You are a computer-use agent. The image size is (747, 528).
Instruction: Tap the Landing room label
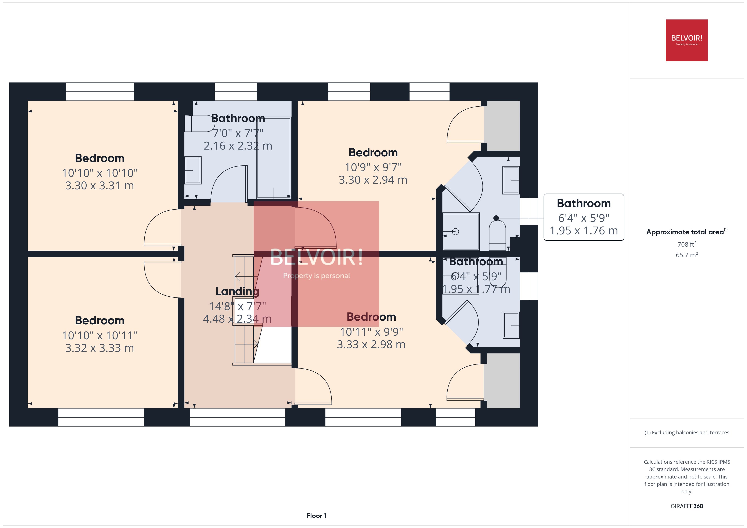click(237, 291)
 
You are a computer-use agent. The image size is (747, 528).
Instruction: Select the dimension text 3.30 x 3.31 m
click(100, 186)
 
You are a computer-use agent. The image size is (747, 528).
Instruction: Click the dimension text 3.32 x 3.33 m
click(100, 348)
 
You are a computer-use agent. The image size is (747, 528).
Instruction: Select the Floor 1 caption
click(316, 516)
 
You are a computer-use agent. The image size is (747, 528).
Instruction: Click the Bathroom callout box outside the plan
click(584, 217)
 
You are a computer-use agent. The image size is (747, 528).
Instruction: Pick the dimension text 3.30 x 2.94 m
click(373, 180)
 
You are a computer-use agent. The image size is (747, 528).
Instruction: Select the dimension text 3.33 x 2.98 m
click(371, 344)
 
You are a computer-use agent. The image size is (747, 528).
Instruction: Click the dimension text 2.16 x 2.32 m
click(238, 146)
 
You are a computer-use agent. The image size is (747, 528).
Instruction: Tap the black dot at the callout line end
click(496, 218)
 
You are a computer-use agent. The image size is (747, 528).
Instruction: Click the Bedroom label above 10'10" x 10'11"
click(100, 320)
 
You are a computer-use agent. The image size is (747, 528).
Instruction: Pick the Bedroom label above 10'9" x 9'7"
click(373, 153)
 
